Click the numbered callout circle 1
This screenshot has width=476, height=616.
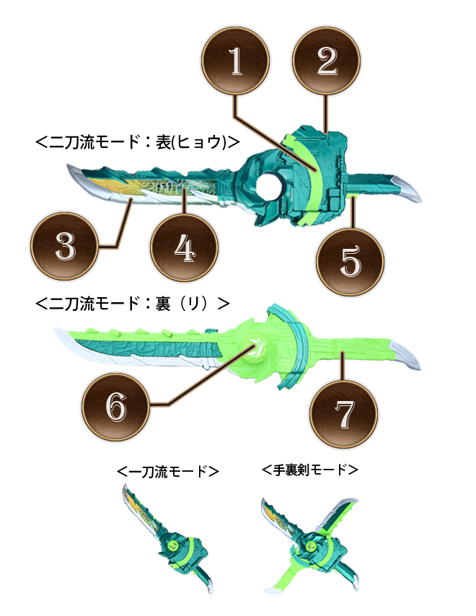(235, 61)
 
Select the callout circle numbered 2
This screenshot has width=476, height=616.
(327, 61)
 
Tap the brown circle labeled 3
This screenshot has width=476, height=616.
(65, 246)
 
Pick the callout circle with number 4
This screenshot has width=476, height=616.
(184, 248)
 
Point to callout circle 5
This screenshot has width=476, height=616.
(350, 262)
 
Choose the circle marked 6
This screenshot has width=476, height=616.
(116, 407)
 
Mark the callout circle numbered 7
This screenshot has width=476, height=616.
(343, 414)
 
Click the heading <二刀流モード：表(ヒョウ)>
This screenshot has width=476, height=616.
(138, 142)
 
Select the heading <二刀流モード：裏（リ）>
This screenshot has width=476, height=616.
(133, 303)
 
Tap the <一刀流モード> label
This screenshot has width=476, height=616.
(168, 471)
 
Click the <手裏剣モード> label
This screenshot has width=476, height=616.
(310, 470)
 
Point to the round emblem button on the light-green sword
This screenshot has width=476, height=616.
(259, 347)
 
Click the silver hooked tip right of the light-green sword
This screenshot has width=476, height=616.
(405, 355)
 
